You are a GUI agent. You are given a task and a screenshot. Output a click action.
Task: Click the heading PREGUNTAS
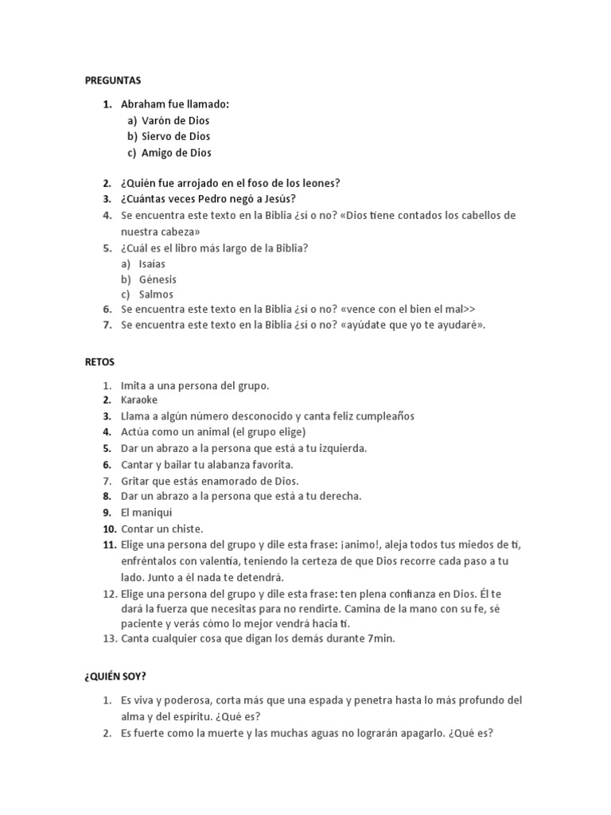point(112,80)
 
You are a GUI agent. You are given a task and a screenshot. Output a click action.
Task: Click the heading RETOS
point(99,361)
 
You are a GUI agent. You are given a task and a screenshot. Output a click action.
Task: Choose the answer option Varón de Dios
point(175,120)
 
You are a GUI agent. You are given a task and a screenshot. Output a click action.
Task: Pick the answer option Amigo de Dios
point(176,152)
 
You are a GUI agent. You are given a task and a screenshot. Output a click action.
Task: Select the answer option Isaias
point(152,263)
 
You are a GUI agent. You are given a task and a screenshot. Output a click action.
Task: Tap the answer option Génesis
point(158,279)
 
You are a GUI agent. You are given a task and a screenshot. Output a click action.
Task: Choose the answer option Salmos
point(156,294)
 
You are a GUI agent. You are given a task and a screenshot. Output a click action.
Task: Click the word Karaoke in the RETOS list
point(139,400)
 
